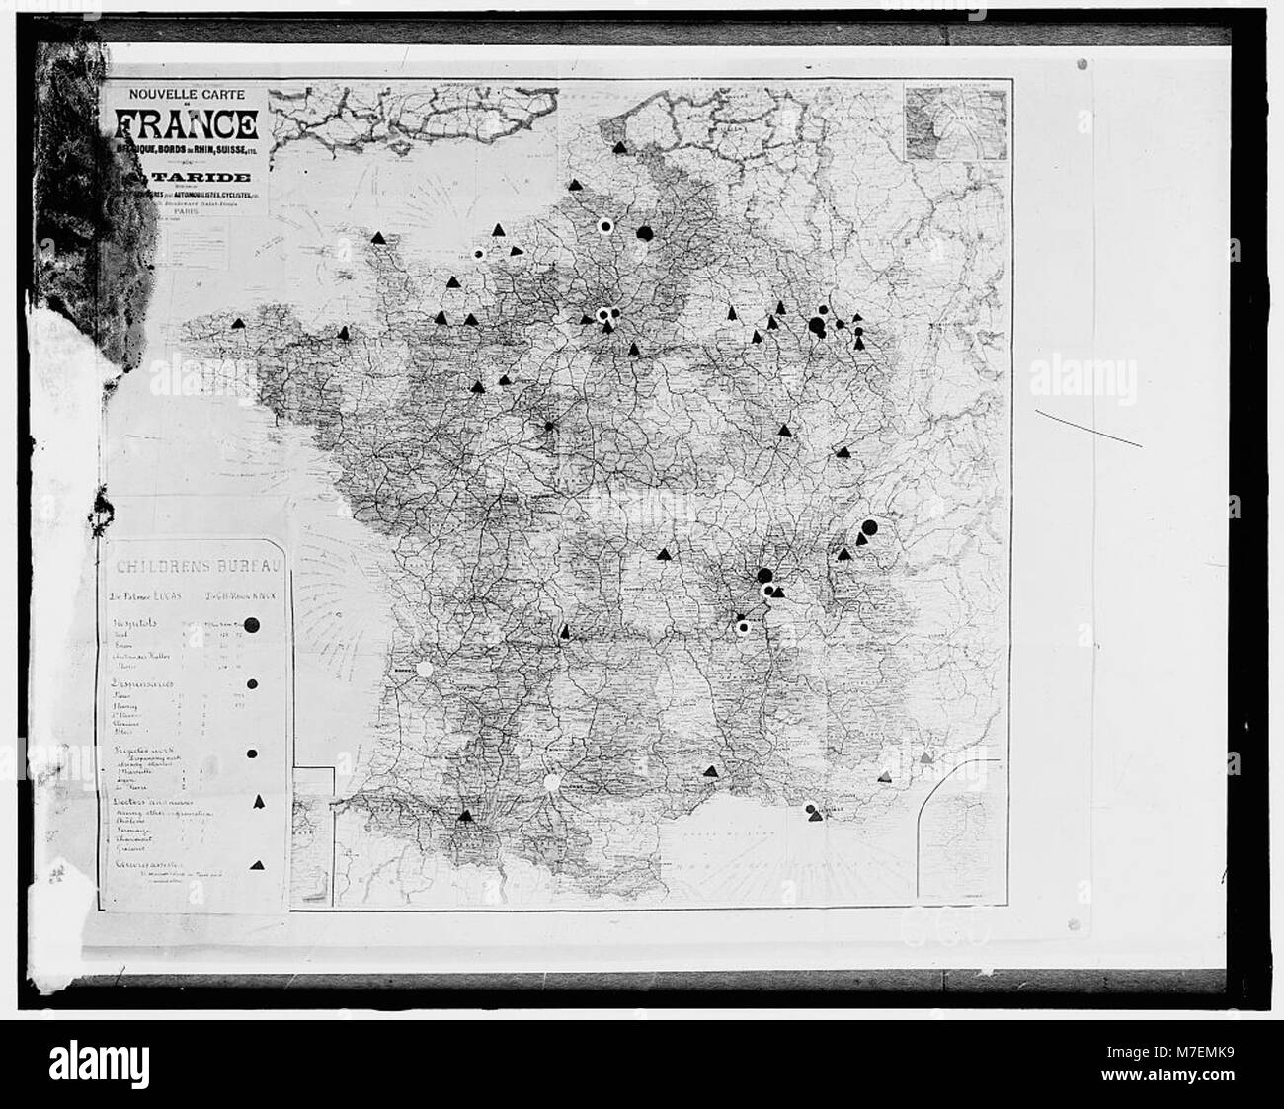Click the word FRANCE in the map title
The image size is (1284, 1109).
pos(186,125)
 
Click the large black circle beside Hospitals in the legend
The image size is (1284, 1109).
pos(252,624)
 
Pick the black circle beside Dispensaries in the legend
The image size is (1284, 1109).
pos(253,683)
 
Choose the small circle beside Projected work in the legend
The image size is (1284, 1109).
pos(252,753)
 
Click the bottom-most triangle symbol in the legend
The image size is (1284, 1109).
pos(258,864)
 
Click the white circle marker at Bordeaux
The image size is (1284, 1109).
pos(425,669)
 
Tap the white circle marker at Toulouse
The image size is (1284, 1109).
pos(551,782)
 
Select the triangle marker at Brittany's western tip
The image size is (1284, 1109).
pos(237,323)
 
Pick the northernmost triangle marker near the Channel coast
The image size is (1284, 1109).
pos(619,147)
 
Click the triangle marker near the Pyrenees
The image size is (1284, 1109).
pos(465,816)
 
